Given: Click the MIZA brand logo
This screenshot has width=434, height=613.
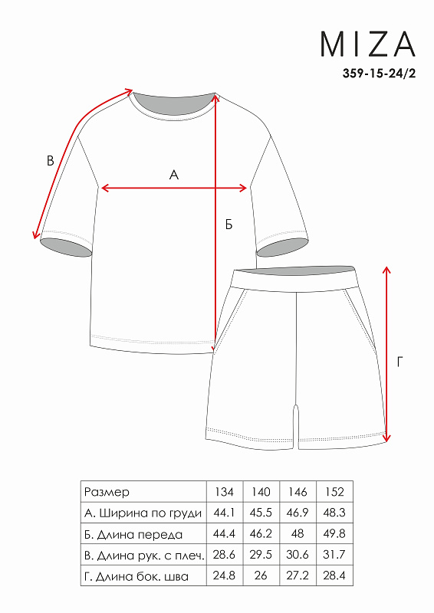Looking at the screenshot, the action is [x=367, y=44].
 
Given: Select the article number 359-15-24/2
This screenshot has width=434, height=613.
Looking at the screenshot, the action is [x=379, y=73].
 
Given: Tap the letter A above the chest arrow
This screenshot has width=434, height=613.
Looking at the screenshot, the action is [x=174, y=175].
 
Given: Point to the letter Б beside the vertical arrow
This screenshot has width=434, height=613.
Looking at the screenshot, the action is [x=229, y=225].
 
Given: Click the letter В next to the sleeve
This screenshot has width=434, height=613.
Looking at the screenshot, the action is [x=50, y=161].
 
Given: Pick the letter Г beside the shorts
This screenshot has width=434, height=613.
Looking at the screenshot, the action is [x=399, y=362].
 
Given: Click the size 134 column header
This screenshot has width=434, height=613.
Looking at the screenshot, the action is [x=224, y=491].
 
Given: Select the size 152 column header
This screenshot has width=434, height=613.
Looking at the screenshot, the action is [x=334, y=491].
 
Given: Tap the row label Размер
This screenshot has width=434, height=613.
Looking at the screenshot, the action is [x=107, y=492].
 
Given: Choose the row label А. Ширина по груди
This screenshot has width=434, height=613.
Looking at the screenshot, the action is [x=143, y=513].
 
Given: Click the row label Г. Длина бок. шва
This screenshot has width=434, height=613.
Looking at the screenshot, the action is [x=136, y=576].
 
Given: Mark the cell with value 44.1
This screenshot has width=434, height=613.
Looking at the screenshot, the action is [x=224, y=513].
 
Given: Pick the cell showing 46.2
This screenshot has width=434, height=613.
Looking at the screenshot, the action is [x=261, y=533].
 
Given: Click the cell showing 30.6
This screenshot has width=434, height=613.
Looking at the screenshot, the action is [x=298, y=555].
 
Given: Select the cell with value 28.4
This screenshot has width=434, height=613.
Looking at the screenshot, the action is [x=334, y=575].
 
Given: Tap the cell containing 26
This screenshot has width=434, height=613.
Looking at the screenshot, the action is [x=261, y=575].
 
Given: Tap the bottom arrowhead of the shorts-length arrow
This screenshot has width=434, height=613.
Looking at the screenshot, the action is [x=386, y=438].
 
